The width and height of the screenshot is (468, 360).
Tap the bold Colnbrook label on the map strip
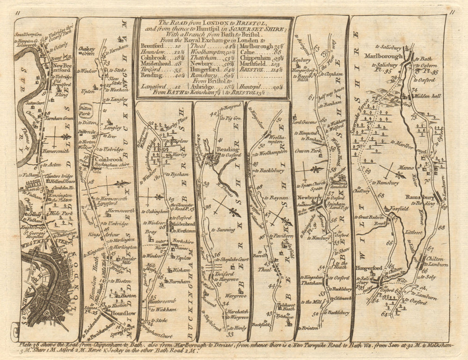click(x=105, y=158)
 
